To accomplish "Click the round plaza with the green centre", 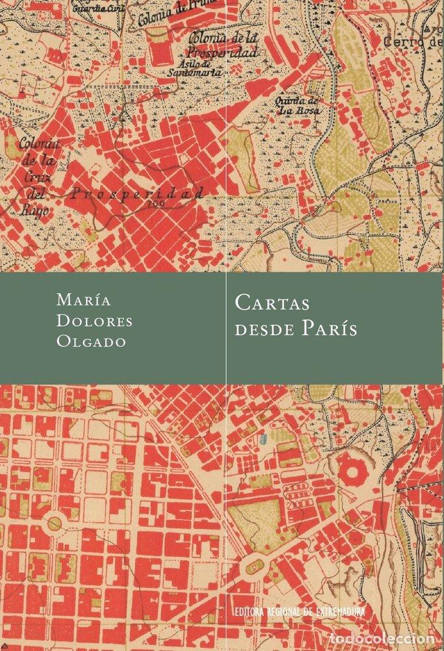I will (x=55, y=523).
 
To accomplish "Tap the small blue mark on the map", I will (x=263, y=441).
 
